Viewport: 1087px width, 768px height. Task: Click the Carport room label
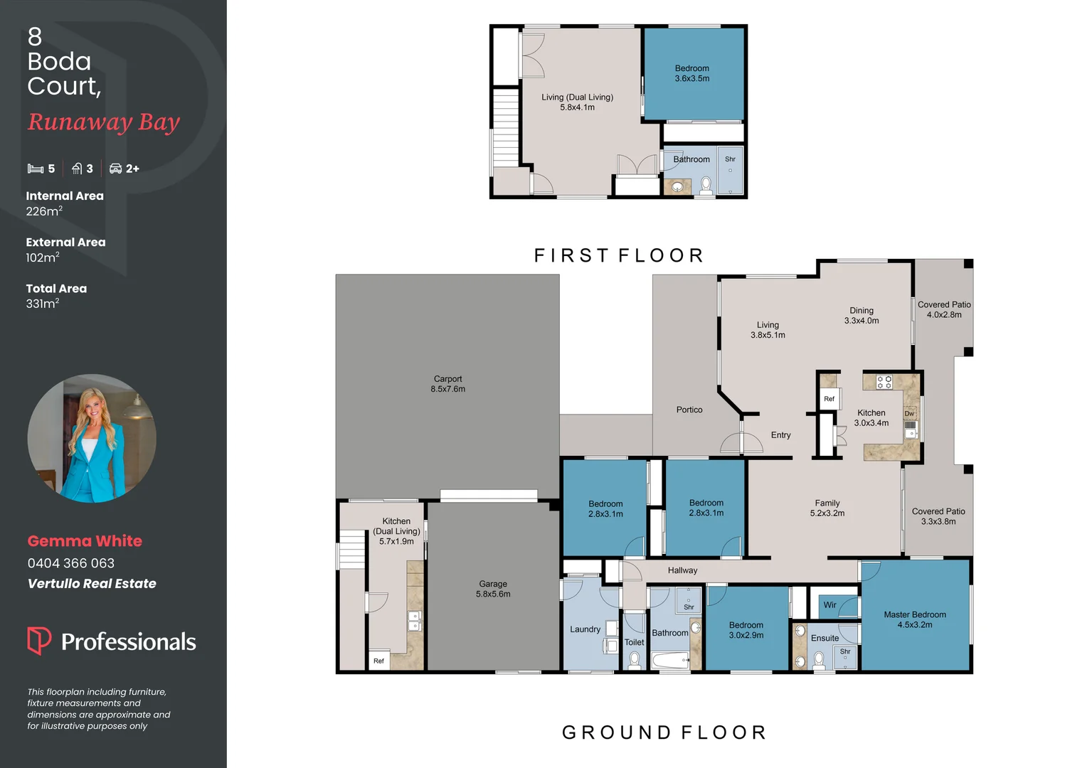[447, 384]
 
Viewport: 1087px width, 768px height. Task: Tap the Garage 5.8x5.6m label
[493, 589]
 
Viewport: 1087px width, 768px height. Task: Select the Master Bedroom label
[915, 619]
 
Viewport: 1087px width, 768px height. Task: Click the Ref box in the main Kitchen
[829, 399]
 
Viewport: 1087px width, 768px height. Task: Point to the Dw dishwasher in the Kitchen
[909, 413]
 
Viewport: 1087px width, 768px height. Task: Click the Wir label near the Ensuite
[829, 605]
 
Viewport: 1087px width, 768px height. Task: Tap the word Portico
[689, 410]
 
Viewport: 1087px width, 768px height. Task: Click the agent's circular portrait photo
[92, 438]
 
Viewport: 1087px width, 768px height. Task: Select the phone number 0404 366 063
[71, 563]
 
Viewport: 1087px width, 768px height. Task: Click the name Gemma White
[85, 541]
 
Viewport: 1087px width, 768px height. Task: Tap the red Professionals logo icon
[39, 640]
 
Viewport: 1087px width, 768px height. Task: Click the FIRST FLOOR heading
[619, 255]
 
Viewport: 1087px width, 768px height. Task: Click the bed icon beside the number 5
[36, 169]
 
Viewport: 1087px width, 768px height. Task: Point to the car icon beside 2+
[116, 169]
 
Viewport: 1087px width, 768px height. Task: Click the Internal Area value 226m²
[44, 211]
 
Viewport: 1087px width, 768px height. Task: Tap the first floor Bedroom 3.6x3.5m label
[691, 73]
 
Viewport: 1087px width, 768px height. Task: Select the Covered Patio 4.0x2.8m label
[944, 309]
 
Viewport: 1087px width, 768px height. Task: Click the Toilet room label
[634, 642]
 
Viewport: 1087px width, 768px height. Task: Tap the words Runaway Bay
[104, 122]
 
